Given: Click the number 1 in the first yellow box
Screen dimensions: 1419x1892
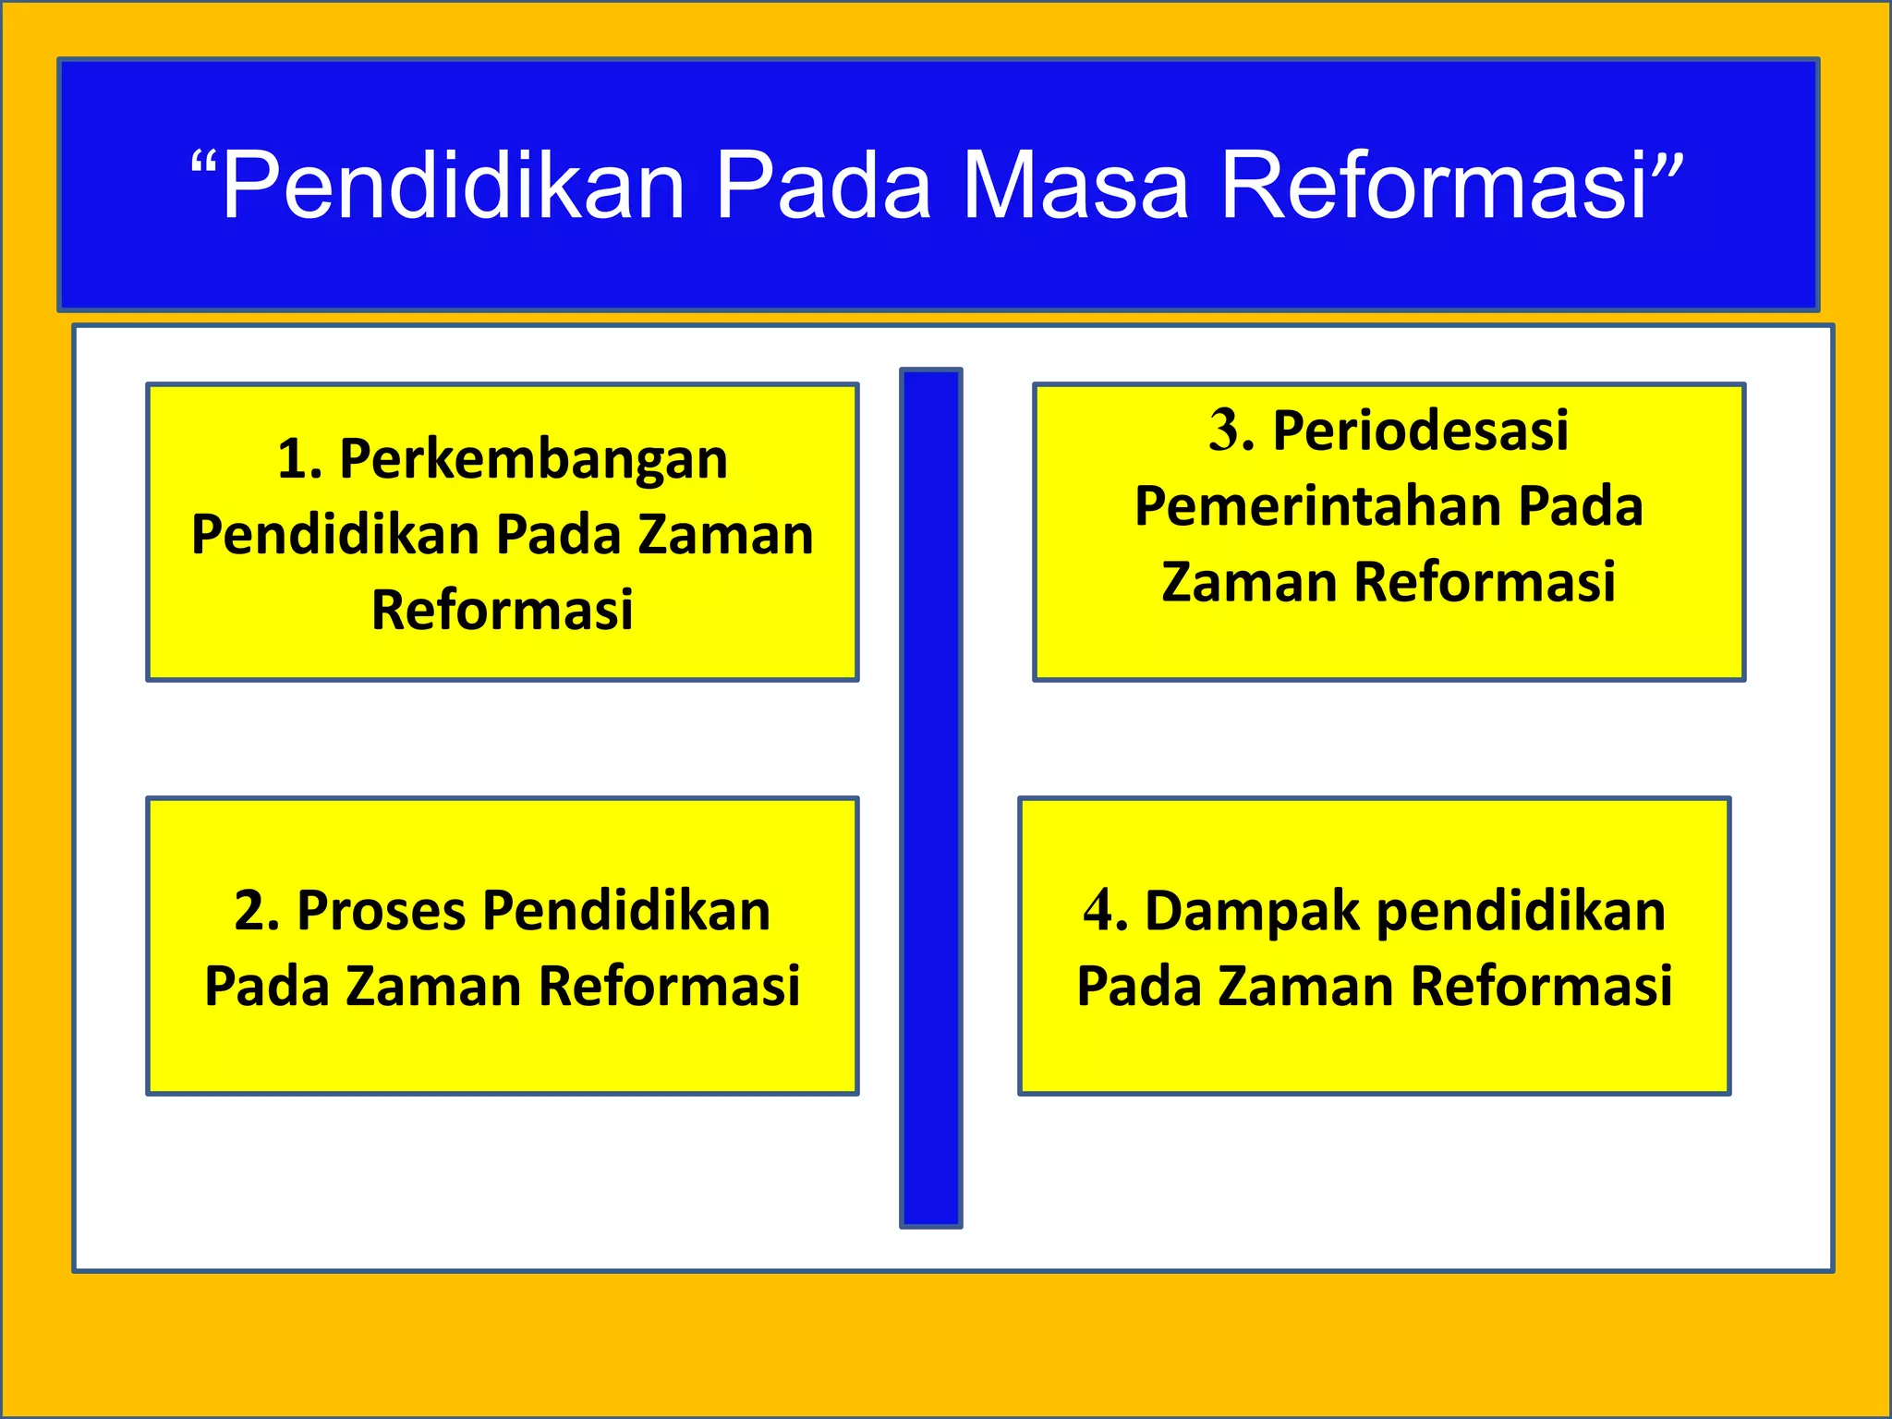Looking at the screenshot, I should point(295,459).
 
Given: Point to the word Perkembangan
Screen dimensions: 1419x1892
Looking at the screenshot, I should point(533,459).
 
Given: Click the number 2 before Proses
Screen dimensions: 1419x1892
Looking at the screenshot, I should point(251,911).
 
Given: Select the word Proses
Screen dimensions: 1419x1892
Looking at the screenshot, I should point(381,911).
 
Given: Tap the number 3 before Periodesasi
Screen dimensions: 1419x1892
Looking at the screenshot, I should point(1226,431).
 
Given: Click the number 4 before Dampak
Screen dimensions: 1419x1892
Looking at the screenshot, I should point(1100,911).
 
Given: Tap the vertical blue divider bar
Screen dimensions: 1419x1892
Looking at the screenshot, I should point(930,798).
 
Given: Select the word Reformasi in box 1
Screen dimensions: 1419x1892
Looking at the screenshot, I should point(503,610).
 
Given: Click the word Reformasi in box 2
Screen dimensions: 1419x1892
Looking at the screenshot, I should point(669,986).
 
